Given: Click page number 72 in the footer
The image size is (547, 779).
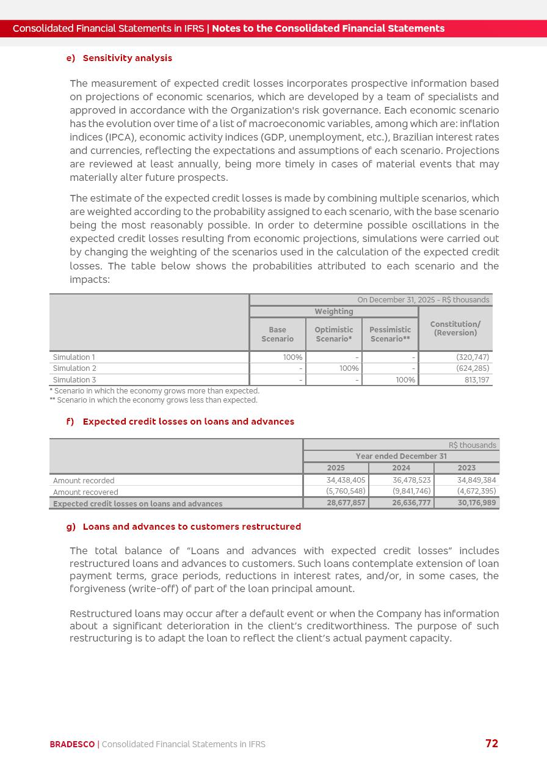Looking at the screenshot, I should click(x=491, y=744).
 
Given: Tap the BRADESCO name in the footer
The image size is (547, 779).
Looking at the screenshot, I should click(x=72, y=744).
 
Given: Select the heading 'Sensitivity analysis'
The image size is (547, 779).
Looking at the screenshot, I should click(x=127, y=58).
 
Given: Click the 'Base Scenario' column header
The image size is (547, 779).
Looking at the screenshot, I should click(x=277, y=334).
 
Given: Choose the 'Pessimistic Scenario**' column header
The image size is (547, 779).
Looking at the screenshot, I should click(x=389, y=334).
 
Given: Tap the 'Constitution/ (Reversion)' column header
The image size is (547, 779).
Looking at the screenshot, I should click(x=455, y=329).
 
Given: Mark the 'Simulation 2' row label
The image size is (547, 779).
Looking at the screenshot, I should click(x=74, y=368).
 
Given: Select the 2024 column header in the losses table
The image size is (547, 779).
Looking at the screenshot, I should click(x=401, y=468).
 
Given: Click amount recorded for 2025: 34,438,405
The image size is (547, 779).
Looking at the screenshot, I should click(x=346, y=480).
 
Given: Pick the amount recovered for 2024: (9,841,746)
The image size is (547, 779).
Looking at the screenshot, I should click(x=411, y=491).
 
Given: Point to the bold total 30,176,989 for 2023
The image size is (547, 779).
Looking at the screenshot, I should click(x=477, y=503).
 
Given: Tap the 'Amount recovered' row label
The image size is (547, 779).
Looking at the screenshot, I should click(x=85, y=492).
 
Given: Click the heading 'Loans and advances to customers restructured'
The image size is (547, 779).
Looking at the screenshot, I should click(x=192, y=527).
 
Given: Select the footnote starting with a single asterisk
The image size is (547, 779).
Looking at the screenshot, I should click(x=154, y=391).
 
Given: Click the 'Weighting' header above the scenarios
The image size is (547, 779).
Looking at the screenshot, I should click(x=333, y=312).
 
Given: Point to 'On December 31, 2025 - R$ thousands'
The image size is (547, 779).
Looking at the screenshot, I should click(x=423, y=300).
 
